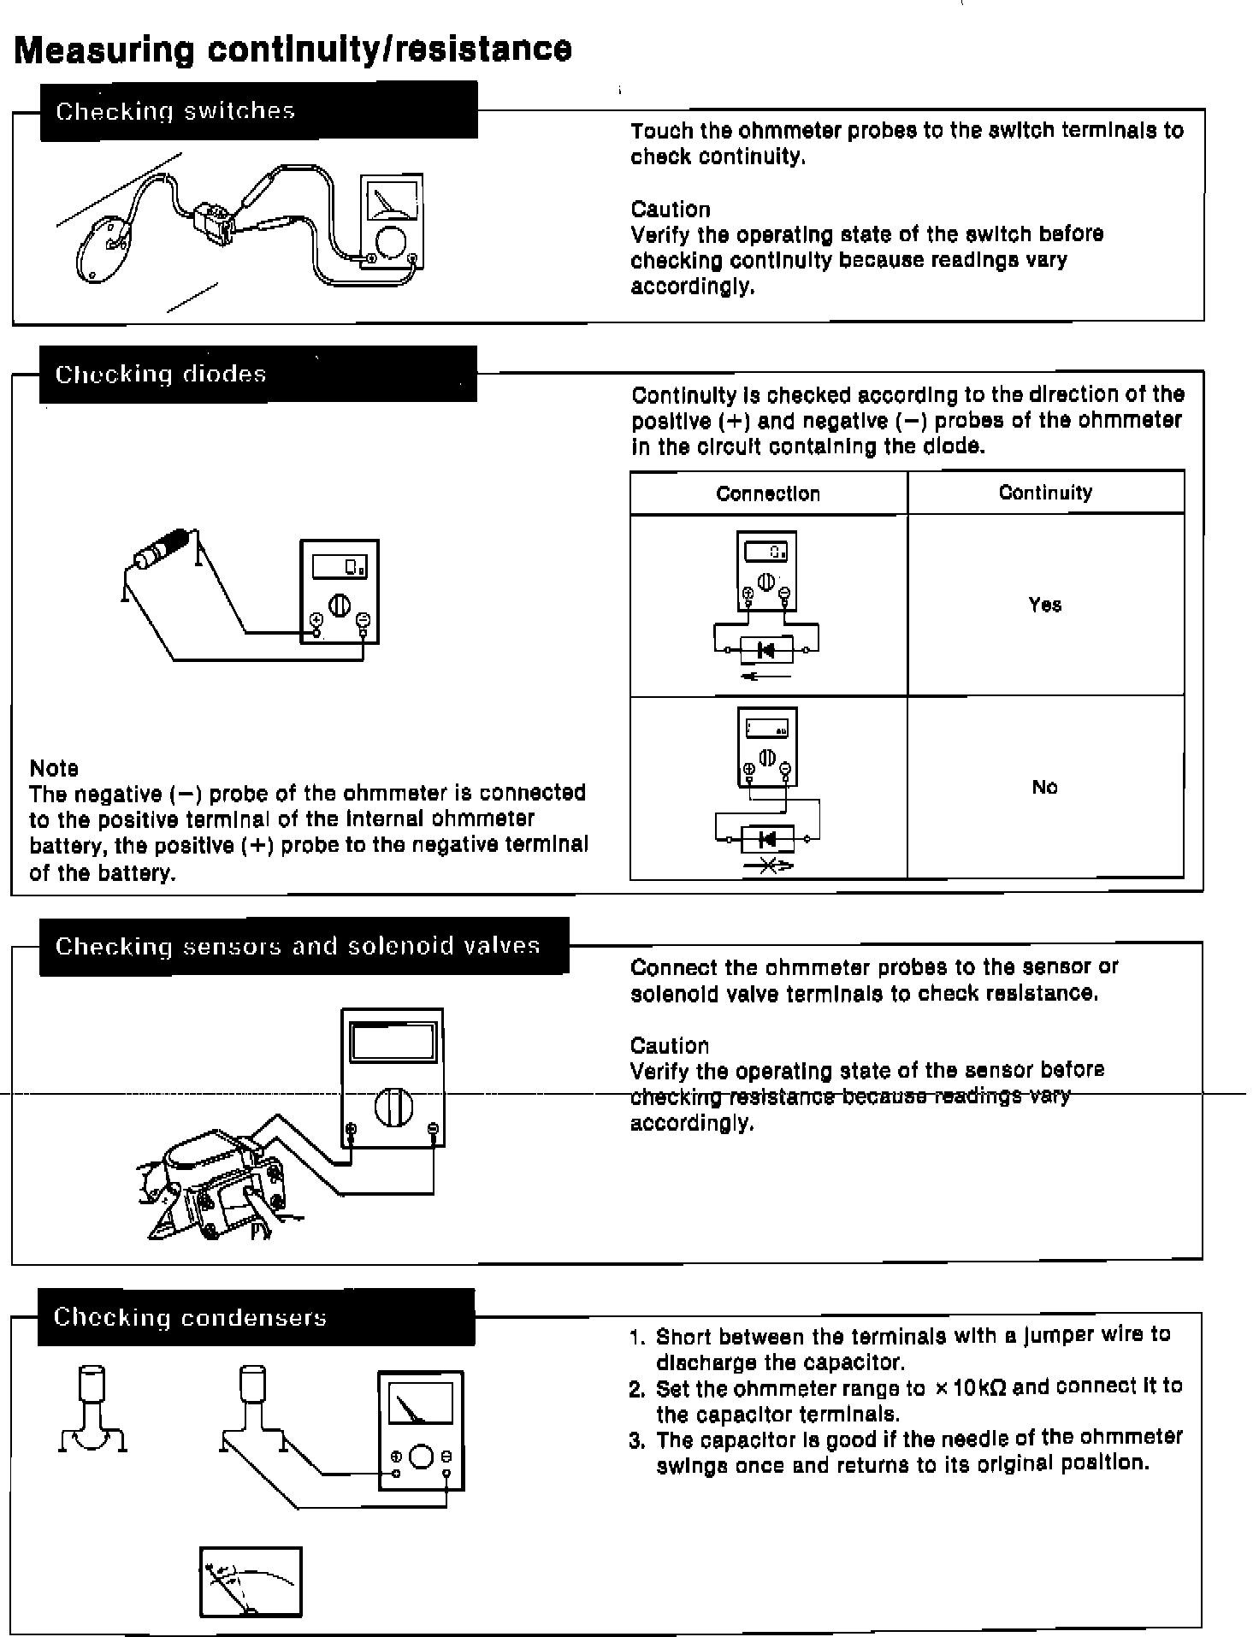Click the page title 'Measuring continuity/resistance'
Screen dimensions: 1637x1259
pos(293,49)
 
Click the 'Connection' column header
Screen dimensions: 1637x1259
pos(768,493)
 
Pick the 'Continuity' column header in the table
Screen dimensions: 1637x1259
pos(1045,493)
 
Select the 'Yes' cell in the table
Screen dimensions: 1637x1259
pos(1045,605)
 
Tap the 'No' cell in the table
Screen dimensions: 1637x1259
pos(1045,787)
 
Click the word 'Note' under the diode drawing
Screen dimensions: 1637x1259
pos(54,768)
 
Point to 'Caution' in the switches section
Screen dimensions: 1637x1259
pos(671,210)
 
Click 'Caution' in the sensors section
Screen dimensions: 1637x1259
pos(670,1045)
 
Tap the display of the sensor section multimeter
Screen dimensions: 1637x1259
pos(393,1043)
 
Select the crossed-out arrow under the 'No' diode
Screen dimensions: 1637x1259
pos(768,867)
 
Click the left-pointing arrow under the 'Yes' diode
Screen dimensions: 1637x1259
pos(766,677)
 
